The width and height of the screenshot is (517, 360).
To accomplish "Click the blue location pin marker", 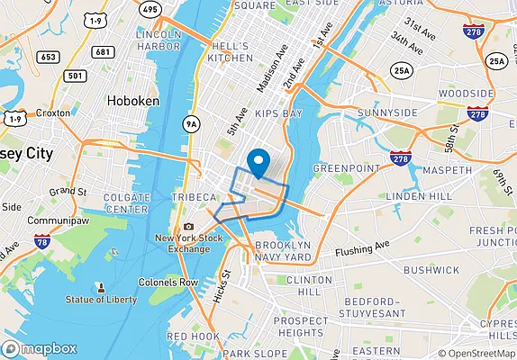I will coord(258,161).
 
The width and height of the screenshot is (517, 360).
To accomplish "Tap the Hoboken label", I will coord(132,102).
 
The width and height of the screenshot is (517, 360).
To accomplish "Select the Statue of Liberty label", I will coord(100,299).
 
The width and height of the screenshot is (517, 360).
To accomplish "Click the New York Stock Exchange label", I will coord(188,243).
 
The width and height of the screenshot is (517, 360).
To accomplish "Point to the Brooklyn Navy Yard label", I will coord(283,251).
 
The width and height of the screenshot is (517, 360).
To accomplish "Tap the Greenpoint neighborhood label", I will coord(341,167).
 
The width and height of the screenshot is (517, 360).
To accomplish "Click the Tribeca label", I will coord(195,197).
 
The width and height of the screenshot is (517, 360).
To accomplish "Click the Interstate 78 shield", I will coord(41,241).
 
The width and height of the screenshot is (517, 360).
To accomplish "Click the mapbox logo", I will coord(40,348).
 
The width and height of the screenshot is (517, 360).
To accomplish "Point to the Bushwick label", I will coord(431,269).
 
